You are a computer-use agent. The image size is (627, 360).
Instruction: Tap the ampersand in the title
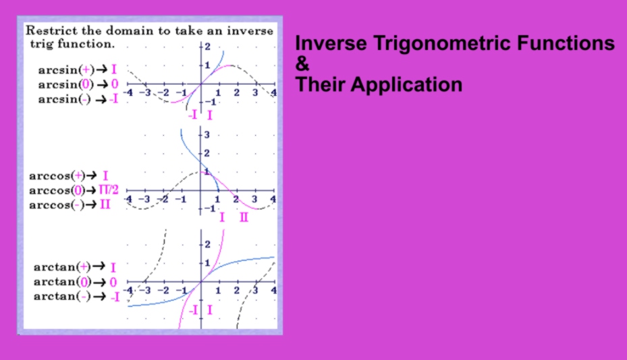pos(302,63)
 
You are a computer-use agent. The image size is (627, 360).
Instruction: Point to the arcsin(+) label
pos(66,70)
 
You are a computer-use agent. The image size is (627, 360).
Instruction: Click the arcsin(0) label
pos(66,84)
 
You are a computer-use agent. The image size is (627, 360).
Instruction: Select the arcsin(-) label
pos(65,99)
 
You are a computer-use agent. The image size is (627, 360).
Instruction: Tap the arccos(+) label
pos(57,176)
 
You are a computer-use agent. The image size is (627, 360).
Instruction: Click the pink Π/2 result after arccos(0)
pos(109,190)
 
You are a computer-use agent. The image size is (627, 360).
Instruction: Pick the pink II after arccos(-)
pos(105,205)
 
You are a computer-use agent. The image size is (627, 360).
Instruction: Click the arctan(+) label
pos(62,267)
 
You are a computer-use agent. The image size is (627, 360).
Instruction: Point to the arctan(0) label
pos(62,282)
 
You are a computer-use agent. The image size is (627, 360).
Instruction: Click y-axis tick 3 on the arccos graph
pos(207,134)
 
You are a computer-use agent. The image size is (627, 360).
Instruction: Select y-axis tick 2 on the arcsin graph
pos(207,47)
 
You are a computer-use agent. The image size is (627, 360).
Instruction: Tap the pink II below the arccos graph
pos(244,217)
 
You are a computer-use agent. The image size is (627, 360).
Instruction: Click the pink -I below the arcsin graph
pos(193,115)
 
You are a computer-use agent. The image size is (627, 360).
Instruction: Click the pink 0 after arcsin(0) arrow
pos(115,84)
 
